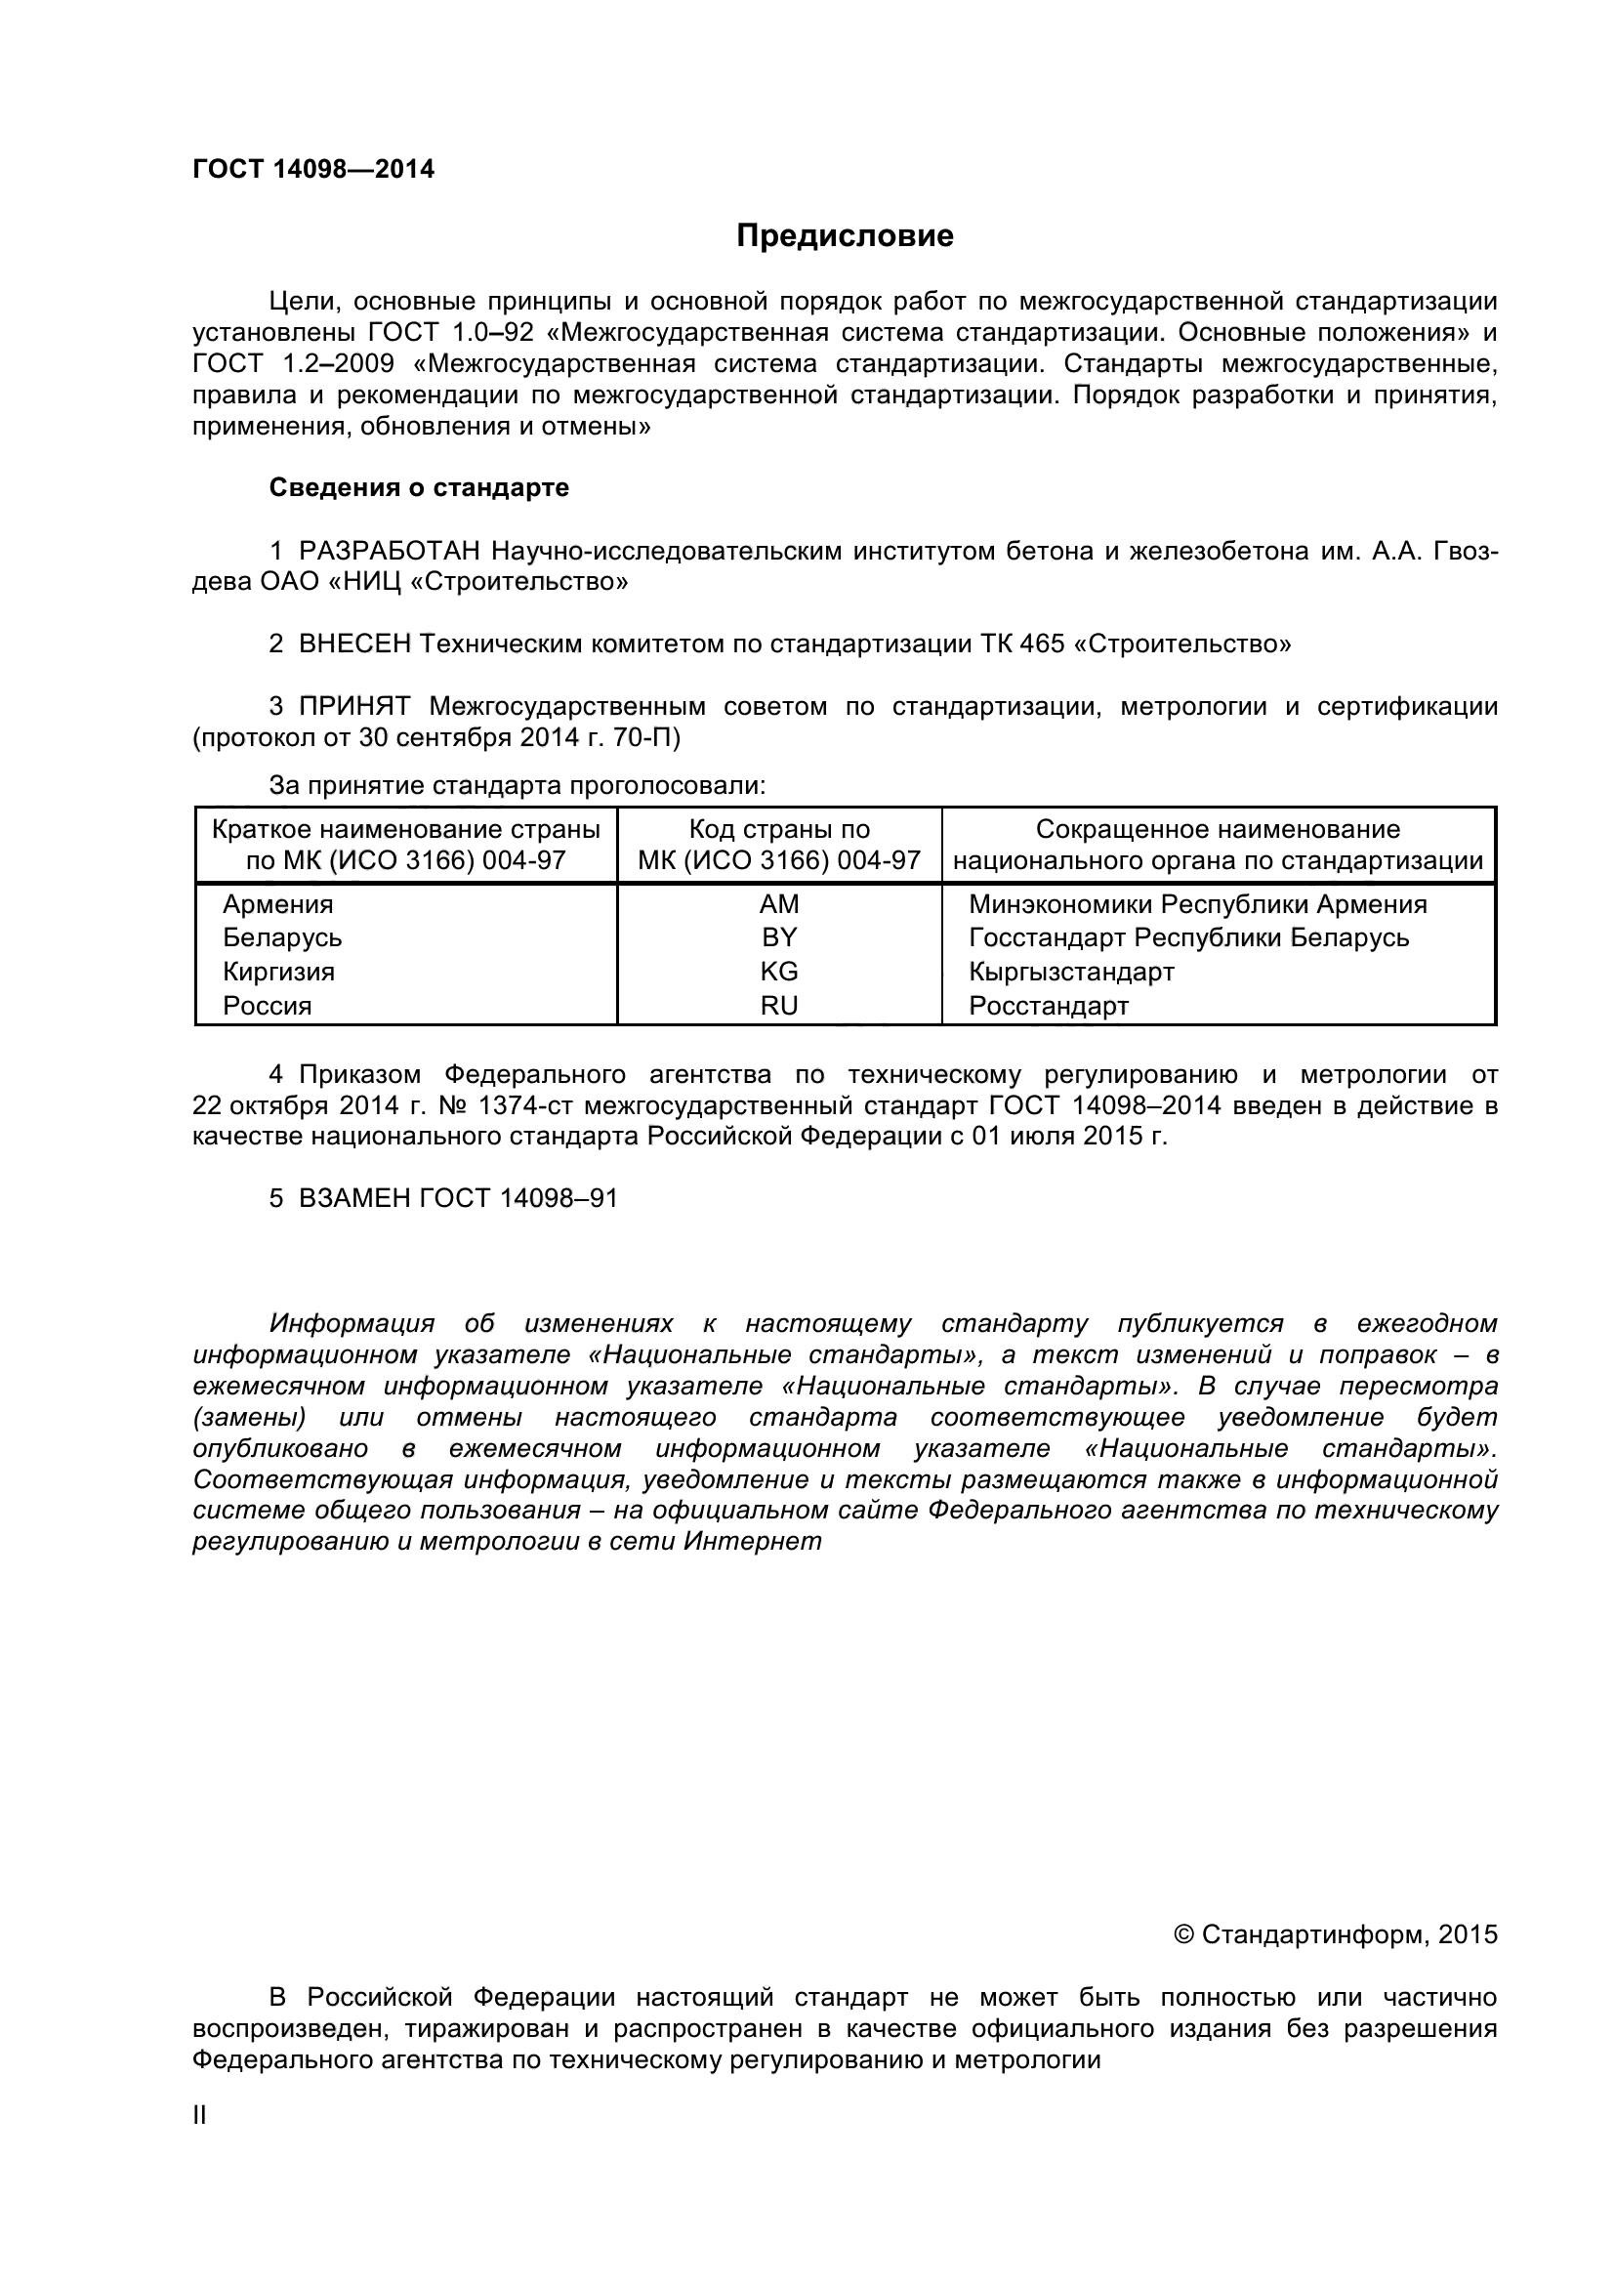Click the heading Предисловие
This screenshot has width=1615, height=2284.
(x=845, y=235)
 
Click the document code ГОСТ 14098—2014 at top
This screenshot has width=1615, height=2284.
(x=313, y=169)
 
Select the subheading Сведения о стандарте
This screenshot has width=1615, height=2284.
(x=419, y=487)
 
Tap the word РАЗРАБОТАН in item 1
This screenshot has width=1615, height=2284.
(x=389, y=551)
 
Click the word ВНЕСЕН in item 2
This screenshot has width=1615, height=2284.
(x=354, y=644)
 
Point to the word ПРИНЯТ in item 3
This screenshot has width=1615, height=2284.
(x=354, y=707)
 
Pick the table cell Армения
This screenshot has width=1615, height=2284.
(x=277, y=904)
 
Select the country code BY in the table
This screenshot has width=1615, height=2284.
(x=778, y=938)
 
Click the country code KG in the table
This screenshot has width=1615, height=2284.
(x=778, y=972)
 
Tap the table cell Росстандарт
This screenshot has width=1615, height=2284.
(x=1048, y=1006)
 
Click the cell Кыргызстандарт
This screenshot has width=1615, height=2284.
(x=1071, y=972)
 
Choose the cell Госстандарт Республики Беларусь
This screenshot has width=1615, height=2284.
(x=1188, y=938)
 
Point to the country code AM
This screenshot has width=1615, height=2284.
(x=778, y=904)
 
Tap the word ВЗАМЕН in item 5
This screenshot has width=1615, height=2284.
(x=354, y=1199)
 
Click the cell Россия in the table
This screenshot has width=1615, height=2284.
(x=267, y=1006)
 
